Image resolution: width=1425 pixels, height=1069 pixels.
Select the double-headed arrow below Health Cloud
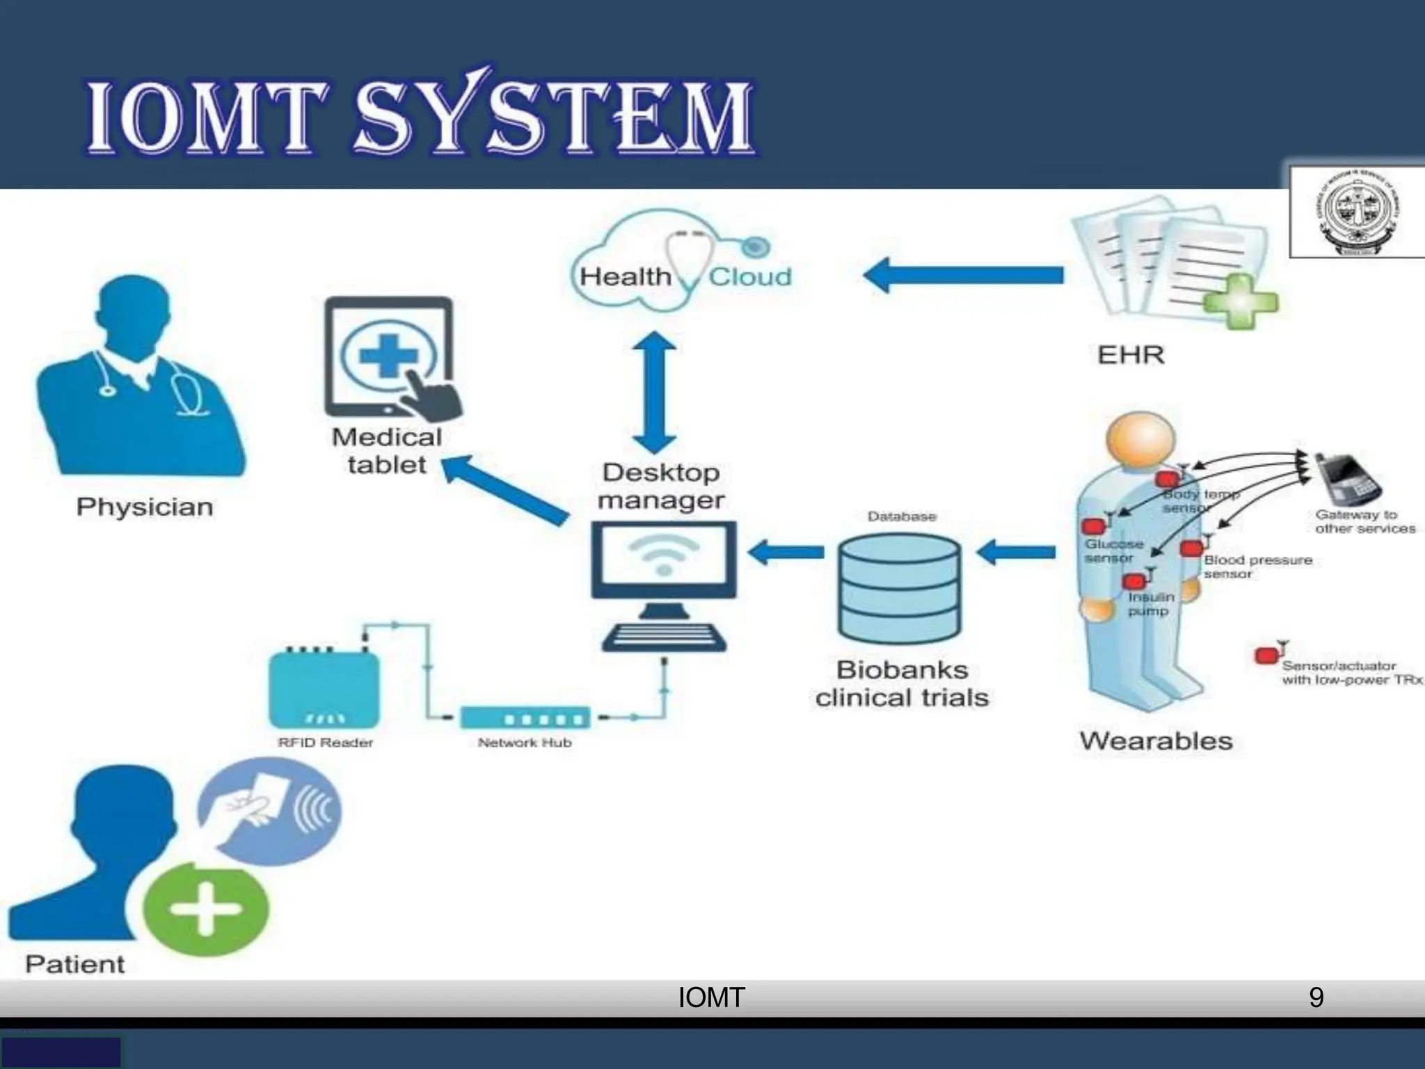point(654,393)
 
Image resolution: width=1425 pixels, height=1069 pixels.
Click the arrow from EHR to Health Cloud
point(964,275)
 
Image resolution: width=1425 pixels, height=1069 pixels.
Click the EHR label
point(1131,355)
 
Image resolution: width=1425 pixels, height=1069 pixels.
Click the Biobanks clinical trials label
point(902,683)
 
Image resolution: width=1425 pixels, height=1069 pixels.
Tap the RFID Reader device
point(324,689)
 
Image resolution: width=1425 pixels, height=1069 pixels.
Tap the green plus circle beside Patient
point(205,909)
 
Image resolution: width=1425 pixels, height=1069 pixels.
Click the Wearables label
point(1156,741)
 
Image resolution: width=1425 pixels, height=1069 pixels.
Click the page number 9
point(1316,997)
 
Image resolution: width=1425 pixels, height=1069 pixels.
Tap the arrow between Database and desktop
point(786,553)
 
